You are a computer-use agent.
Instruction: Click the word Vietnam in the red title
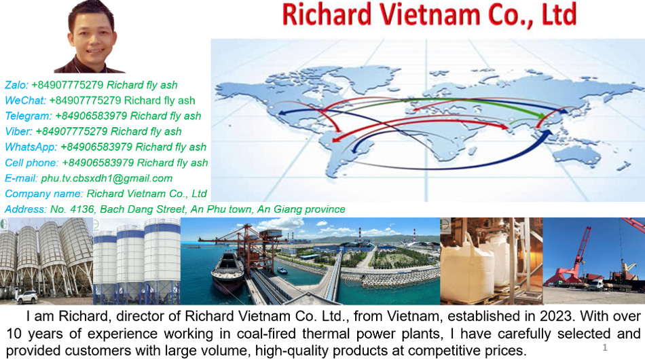coord(430,14)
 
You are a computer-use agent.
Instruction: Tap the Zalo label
coord(16,85)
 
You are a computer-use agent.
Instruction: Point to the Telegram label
coord(29,116)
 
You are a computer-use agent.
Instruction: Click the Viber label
coord(18,131)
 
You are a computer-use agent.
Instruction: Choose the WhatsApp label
coord(31,147)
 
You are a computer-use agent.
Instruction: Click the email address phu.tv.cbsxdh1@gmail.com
coord(107,178)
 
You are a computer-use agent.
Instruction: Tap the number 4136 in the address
coord(82,209)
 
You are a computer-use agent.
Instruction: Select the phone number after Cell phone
coord(98,162)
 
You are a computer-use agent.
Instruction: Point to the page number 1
coord(605,347)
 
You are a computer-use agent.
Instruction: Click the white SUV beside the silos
coord(27,296)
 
